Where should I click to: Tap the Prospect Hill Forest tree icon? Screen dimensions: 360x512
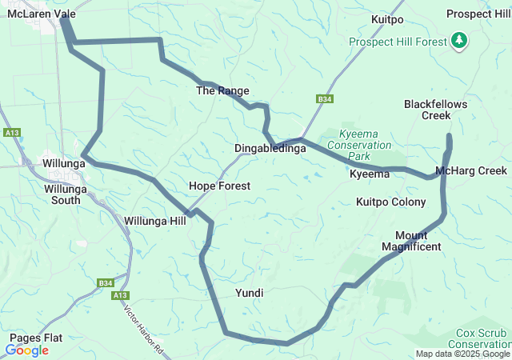coord(459,40)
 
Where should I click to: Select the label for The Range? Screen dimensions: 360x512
coord(222,91)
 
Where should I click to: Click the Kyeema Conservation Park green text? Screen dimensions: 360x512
coord(365,140)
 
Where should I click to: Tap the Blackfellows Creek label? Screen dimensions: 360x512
coord(435,110)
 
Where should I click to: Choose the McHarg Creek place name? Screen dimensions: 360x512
coord(471,171)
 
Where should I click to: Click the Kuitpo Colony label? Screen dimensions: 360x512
coord(390,202)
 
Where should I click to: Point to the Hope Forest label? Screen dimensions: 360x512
coord(219,186)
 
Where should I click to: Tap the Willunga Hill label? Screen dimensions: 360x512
coord(155,220)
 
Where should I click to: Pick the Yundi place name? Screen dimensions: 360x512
coord(250,294)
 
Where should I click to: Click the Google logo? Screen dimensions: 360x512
coord(27,350)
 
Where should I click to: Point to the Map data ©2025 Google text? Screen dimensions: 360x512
coord(462,354)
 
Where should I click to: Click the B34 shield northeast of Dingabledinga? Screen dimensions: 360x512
coord(324,98)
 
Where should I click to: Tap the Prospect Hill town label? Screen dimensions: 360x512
coord(478,14)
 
